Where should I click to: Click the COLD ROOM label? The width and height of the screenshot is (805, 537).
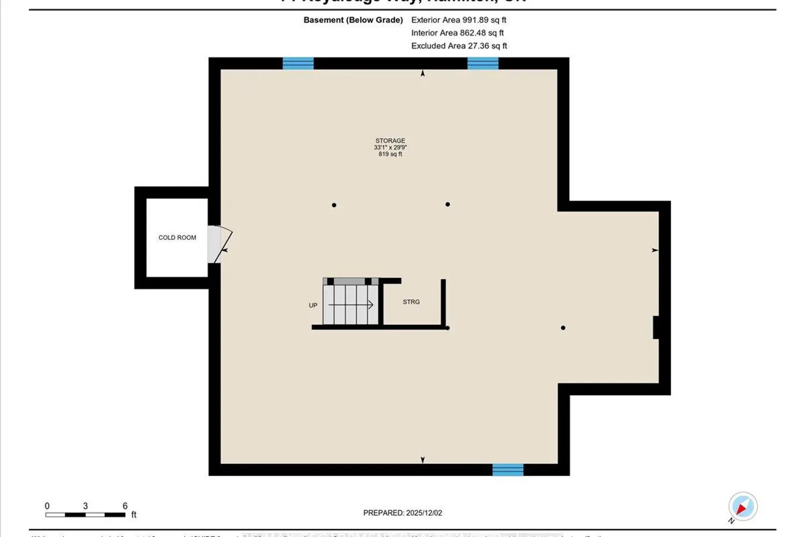tap(177, 237)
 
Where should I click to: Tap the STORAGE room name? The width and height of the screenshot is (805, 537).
tap(390, 141)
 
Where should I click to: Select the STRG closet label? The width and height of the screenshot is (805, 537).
tap(411, 302)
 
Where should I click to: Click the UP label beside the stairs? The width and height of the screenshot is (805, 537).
tap(313, 306)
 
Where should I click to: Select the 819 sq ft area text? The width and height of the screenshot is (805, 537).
tap(390, 154)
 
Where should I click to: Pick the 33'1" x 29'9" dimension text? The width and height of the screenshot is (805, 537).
tap(390, 148)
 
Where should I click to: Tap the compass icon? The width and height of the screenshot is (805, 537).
tap(743, 506)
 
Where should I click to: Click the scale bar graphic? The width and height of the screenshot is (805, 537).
tap(85, 515)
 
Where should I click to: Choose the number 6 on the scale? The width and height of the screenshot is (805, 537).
tap(125, 506)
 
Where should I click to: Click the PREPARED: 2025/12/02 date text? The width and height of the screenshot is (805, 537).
tap(402, 513)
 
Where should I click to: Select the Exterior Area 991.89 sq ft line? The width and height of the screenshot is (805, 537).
tap(459, 20)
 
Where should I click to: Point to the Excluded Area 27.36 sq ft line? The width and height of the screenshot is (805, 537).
tap(459, 46)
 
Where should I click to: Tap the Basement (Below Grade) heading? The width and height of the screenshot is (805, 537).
tap(353, 20)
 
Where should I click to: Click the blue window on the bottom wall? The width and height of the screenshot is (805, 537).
tap(508, 470)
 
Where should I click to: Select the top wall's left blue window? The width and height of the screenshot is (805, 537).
tap(298, 63)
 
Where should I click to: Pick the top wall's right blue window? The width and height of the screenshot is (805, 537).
tap(482, 63)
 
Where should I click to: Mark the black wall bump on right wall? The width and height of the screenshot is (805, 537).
tap(656, 328)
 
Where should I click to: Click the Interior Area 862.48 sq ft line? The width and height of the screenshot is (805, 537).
tap(457, 33)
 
